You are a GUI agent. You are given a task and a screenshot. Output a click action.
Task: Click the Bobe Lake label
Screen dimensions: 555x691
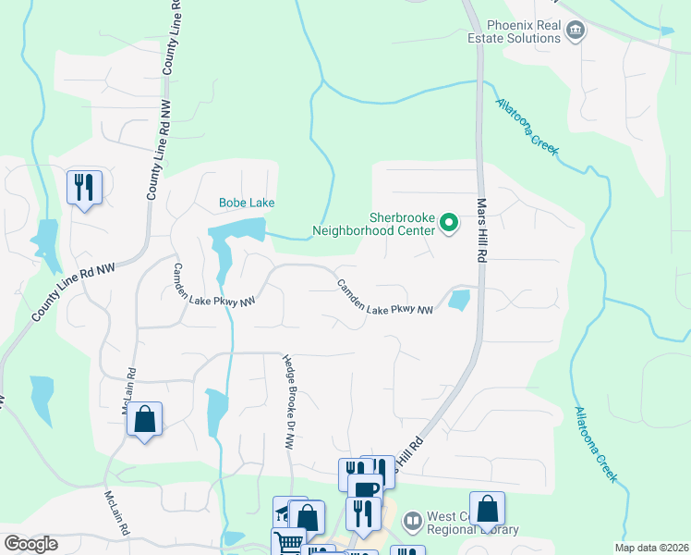click(247, 203)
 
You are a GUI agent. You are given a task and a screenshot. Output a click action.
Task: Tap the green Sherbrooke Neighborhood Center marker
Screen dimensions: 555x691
click(449, 222)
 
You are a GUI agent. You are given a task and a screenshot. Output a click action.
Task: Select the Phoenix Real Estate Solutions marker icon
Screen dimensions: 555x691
click(575, 31)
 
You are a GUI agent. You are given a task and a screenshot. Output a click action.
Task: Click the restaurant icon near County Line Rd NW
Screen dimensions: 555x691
click(84, 188)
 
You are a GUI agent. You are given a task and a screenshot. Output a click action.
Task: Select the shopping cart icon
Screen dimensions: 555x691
click(287, 544)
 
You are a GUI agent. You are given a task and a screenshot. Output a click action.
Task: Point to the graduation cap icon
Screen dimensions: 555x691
click(284, 511)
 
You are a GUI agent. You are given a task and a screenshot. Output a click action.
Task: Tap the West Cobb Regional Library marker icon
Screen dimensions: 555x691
click(412, 522)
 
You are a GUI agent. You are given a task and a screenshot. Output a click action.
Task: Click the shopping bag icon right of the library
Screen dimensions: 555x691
click(487, 508)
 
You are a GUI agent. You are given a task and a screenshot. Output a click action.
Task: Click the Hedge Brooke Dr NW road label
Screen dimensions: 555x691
click(288, 403)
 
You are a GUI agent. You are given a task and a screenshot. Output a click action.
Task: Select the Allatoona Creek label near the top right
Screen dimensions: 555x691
click(527, 128)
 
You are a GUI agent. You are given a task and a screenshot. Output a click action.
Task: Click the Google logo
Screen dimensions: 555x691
click(30, 544)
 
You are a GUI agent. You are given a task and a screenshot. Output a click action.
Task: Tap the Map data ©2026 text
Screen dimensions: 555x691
click(650, 548)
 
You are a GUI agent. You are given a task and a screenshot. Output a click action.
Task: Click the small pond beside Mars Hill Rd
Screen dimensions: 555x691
click(458, 300)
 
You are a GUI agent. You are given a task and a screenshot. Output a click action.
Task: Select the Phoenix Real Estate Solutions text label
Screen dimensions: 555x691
click(511, 31)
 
